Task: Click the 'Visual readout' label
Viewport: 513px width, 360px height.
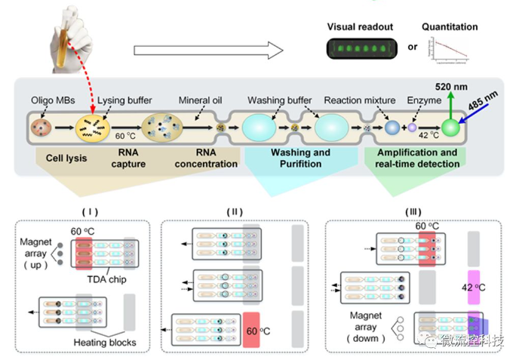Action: click(360, 27)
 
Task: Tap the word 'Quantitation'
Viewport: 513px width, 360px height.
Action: click(450, 27)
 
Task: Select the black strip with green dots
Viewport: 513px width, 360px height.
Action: click(360, 51)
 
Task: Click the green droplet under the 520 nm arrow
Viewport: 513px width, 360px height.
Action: click(451, 128)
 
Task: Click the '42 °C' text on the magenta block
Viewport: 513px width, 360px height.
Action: click(474, 288)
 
